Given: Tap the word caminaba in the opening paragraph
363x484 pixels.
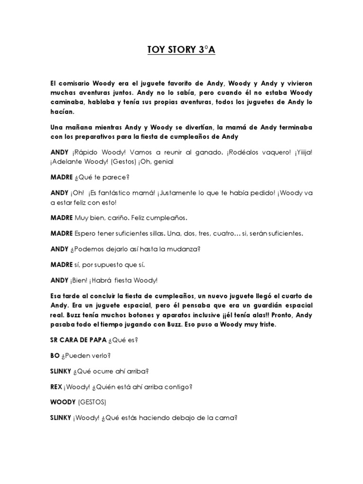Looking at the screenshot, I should pyautogui.click(x=67, y=103).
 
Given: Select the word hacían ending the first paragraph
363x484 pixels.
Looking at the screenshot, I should pyautogui.click(x=63, y=112).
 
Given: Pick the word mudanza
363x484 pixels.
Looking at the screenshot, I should pyautogui.click(x=173, y=249).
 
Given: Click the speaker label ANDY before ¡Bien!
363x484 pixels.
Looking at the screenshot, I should pyautogui.click(x=60, y=280).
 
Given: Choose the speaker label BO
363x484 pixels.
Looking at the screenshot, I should pyautogui.click(x=55, y=355).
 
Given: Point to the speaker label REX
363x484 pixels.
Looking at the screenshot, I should pyautogui.click(x=56, y=387).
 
